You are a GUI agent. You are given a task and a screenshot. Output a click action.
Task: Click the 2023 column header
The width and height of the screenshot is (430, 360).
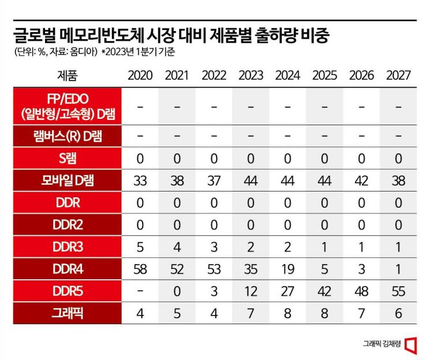(x=250, y=76)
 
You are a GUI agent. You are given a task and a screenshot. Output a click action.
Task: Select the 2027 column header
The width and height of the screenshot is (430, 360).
(x=398, y=76)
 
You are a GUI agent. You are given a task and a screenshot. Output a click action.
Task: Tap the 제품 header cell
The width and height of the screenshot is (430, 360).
(x=67, y=76)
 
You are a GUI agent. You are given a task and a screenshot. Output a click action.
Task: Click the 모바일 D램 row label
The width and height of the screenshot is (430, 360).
(x=67, y=181)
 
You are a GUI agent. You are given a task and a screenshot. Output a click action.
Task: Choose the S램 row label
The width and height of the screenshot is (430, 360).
(x=67, y=157)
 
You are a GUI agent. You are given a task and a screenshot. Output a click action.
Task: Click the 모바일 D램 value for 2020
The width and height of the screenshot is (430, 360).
(x=140, y=181)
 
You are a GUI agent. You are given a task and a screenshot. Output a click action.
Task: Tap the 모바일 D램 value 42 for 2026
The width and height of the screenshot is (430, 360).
(x=361, y=181)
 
